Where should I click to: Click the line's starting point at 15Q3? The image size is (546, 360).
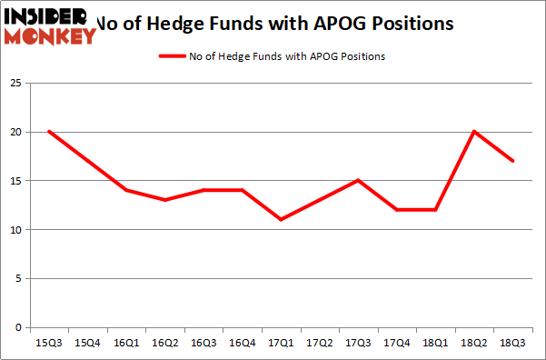pos(48,131)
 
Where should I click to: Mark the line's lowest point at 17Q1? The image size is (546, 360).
pos(281,219)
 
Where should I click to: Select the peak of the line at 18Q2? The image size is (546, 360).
pos(474,131)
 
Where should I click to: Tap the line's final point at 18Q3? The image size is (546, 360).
pos(513,161)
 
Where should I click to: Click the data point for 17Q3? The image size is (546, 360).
pos(358,180)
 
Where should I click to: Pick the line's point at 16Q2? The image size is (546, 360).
pos(164,200)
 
